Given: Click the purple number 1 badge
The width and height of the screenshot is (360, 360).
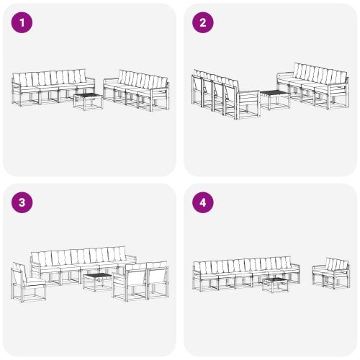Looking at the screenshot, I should [23, 23].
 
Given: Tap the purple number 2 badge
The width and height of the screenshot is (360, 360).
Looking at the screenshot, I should [202, 23].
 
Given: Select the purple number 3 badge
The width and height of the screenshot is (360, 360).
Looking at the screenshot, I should [23, 202].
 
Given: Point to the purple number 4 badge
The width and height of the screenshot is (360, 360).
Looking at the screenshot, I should [202, 202].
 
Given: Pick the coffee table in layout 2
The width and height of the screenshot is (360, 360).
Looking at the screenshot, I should [274, 98].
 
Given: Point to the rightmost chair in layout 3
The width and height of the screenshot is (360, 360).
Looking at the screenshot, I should [156, 281].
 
